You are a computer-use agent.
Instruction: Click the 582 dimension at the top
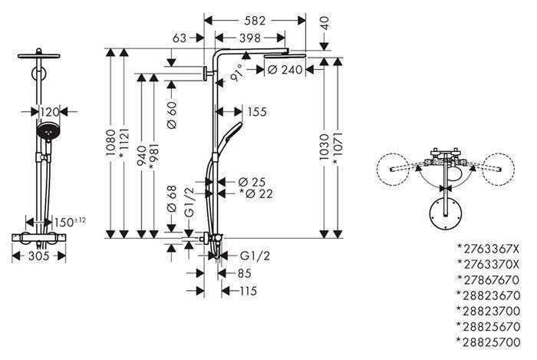coord(255,21)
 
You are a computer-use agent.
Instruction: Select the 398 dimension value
coord(250,38)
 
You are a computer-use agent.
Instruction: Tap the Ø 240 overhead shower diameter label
coord(285,70)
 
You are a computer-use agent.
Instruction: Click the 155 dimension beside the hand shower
coord(257,112)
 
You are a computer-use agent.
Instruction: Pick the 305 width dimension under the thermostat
coord(38,256)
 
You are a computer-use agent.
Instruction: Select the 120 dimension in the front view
coord(50,111)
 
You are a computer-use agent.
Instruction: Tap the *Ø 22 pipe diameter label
coord(255,194)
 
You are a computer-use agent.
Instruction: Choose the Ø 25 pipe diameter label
coord(252,182)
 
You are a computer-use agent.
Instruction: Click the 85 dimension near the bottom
coord(244,273)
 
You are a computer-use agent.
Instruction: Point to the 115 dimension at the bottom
coord(248,291)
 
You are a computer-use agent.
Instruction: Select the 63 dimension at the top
coord(180,38)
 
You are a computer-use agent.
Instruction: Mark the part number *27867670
coord(489,280)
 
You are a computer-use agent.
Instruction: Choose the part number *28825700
coord(489,342)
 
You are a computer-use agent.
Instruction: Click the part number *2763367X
coord(489,249)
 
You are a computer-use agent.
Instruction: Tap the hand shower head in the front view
coord(48,131)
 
